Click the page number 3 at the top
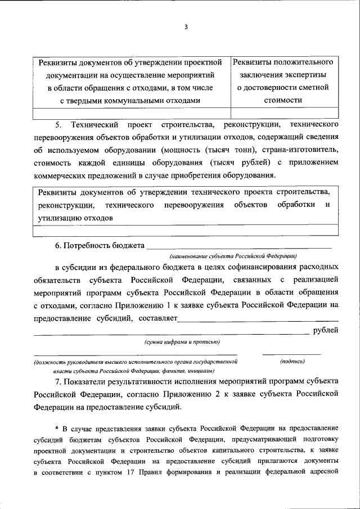coord(185,28)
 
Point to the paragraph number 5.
coord(58,123)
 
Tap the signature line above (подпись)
coord(291,354)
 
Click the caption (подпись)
coord(292,362)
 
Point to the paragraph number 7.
coord(57,381)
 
